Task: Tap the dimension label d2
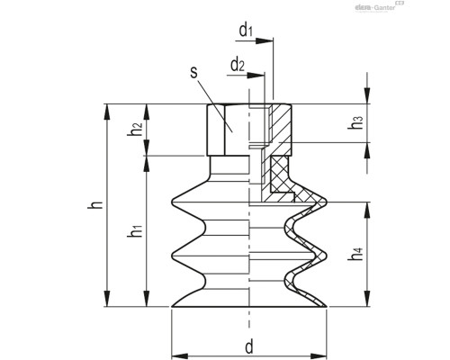click(237, 65)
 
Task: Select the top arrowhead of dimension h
click(110, 109)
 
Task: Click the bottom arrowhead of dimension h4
click(365, 302)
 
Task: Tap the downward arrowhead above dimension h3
click(365, 100)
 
